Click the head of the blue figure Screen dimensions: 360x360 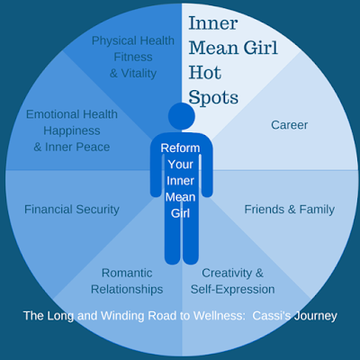(182, 116)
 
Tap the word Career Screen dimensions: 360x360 (290, 125)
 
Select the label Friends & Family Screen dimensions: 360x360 (290, 210)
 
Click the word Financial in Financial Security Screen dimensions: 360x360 (48, 210)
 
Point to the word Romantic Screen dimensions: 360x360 (127, 273)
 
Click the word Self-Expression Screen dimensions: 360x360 (232, 290)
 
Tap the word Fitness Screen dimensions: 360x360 (133, 57)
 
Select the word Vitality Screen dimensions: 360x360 (139, 74)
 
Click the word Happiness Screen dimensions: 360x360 (72, 130)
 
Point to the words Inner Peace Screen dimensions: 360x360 (77, 147)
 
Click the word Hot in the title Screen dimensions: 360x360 (205, 73)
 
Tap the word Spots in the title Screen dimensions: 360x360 (213, 97)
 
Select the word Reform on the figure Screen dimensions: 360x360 (180, 148)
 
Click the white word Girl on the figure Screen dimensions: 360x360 (180, 213)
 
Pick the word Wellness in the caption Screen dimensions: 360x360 (219, 316)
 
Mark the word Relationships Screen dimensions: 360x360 (127, 290)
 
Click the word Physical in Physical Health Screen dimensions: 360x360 (114, 40)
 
